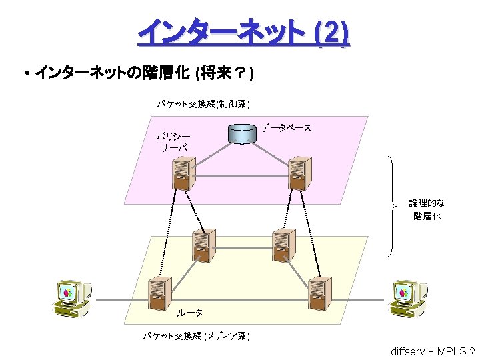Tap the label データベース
point(286,127)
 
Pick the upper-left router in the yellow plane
point(202,245)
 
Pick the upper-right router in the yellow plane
point(283,245)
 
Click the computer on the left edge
point(73,297)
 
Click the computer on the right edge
point(408,297)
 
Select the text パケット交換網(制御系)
point(203,103)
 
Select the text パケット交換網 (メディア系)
point(197,336)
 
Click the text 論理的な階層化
point(427,209)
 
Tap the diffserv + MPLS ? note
point(433,351)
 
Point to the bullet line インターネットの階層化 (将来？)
point(143,72)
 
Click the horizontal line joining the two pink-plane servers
point(239,176)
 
